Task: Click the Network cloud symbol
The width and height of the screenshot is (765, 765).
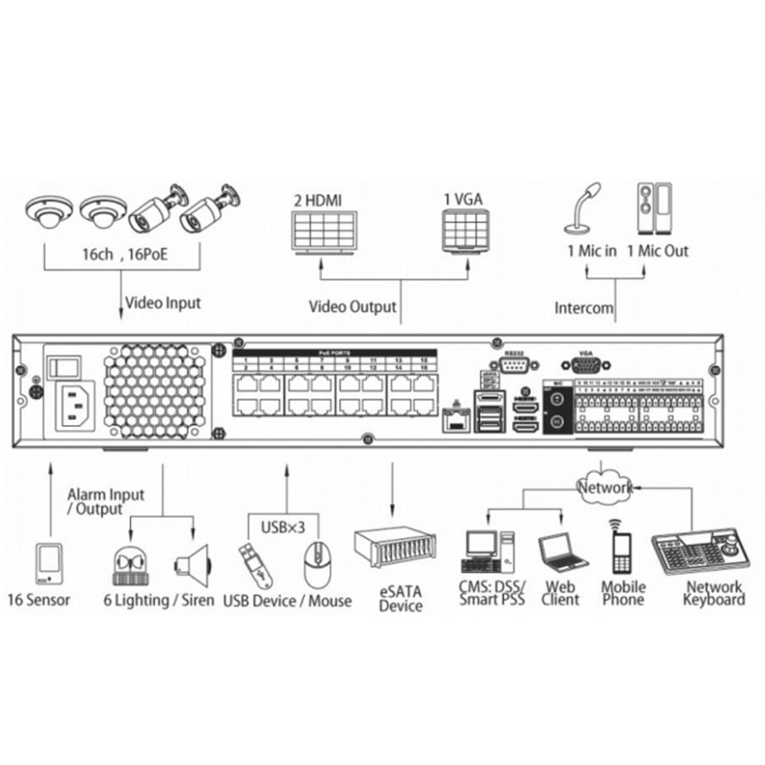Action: pyautogui.click(x=604, y=487)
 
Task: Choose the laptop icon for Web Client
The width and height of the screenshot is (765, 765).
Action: pyautogui.click(x=562, y=552)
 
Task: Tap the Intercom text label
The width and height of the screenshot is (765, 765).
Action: pyautogui.click(x=584, y=308)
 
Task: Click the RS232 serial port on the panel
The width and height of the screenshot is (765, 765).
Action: pyautogui.click(x=512, y=366)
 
